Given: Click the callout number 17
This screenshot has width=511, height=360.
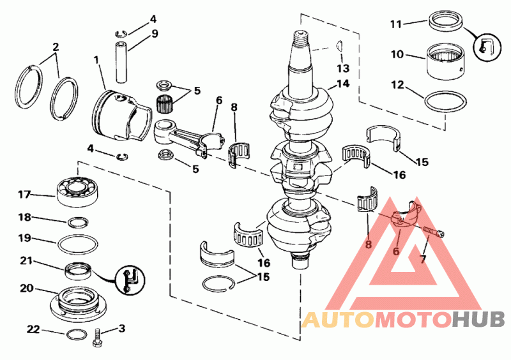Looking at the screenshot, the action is coord(24,194).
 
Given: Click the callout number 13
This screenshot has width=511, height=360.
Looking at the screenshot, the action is coord(343,68).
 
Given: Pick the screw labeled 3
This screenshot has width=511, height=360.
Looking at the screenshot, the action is coord(98,336).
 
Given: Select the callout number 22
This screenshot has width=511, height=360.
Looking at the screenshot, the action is coord(33,329).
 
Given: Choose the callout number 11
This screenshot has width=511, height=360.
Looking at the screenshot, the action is coord(396,24).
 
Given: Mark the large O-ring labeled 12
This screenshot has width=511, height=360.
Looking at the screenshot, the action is coord(445,101).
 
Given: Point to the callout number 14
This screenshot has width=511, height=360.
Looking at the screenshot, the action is coord(343,84).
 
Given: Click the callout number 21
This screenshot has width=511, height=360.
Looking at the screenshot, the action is coord(27,260).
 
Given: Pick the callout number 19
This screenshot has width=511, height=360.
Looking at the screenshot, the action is coord(25,239).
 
